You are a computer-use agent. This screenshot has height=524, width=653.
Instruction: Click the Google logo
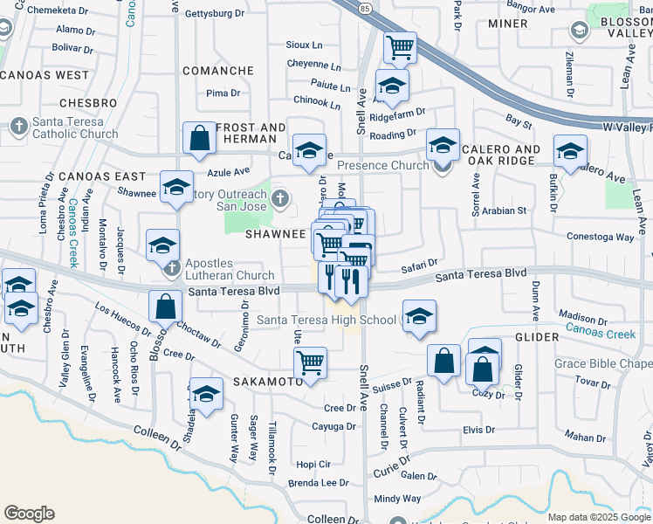pyautogui.click(x=29, y=513)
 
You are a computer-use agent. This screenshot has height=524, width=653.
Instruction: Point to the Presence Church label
pyautogui.click(x=383, y=165)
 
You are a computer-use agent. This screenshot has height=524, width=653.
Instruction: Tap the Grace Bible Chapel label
pyautogui.click(x=602, y=363)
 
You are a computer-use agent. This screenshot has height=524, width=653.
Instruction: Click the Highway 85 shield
pyautogui.click(x=364, y=8)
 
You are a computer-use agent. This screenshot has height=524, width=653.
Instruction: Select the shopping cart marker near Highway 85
pyautogui.click(x=400, y=47)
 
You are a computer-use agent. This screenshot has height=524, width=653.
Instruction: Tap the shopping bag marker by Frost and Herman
pyautogui.click(x=199, y=137)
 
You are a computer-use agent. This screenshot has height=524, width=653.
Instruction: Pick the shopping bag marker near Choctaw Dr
pyautogui.click(x=165, y=307)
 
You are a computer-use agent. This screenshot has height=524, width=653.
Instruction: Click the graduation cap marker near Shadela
pyautogui.click(x=206, y=394)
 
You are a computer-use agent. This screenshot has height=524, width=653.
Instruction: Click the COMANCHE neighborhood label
pyautogui.click(x=217, y=71)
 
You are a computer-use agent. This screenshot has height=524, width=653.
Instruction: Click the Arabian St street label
pyautogui.click(x=502, y=210)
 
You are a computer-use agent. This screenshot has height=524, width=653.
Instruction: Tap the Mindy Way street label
pyautogui.click(x=397, y=499)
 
